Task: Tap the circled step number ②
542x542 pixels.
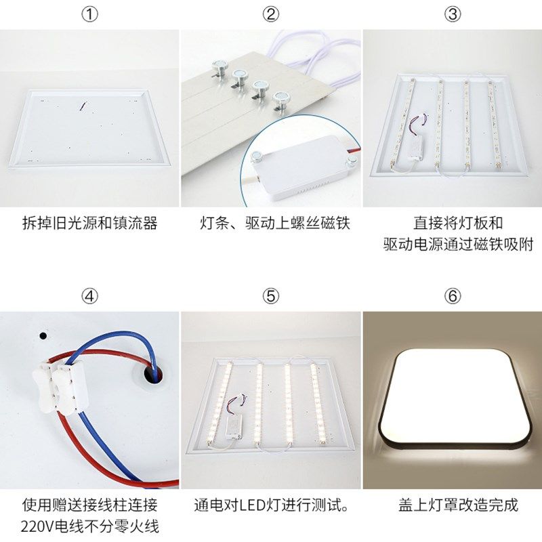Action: (271, 15)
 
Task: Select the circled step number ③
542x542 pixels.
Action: (453, 15)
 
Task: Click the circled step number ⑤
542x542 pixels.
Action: (271, 296)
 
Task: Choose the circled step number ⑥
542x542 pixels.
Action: (453, 296)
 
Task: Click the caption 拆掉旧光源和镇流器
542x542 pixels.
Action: (90, 224)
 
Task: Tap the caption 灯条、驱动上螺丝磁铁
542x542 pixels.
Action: (271, 224)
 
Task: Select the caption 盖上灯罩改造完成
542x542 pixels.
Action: (453, 505)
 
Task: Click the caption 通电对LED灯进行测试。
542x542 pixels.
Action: (271, 505)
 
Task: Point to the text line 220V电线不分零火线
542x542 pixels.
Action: (90, 526)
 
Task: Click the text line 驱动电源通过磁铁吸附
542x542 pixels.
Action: (453, 244)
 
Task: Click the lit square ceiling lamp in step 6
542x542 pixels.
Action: (453, 396)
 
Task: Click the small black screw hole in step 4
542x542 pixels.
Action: (44, 335)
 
